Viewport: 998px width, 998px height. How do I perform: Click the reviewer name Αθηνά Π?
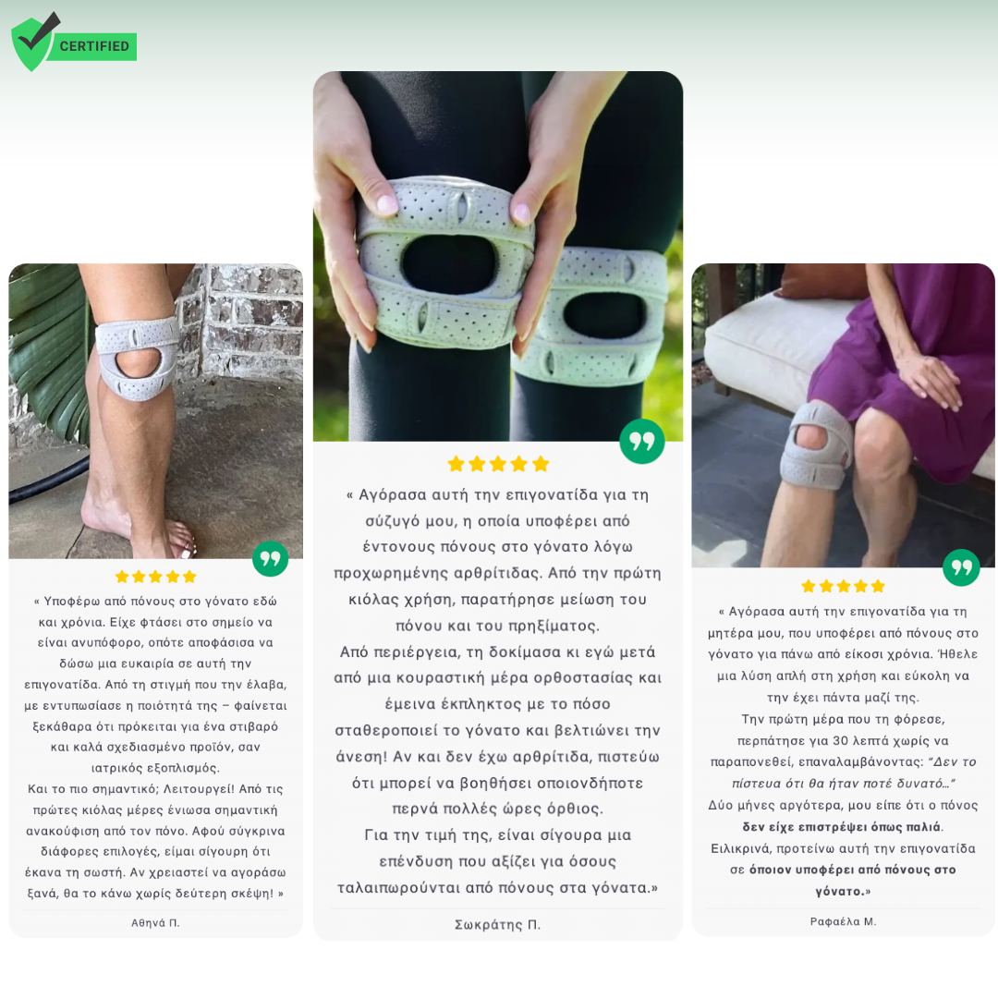155,923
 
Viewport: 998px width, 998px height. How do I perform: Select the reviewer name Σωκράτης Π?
498,925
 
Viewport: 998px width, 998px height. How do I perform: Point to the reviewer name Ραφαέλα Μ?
844,921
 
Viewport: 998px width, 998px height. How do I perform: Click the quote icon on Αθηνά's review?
271,559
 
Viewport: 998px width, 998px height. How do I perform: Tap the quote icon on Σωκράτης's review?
642,441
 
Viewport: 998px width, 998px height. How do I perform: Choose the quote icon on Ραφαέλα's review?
961,567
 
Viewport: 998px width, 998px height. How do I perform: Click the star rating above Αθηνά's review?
156,577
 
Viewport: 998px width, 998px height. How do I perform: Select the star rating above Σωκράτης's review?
498,464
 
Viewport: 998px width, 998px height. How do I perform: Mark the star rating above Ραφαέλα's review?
844,586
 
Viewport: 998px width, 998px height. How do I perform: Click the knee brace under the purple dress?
816,445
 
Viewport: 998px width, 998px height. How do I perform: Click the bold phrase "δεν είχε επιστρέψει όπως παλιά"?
842,827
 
